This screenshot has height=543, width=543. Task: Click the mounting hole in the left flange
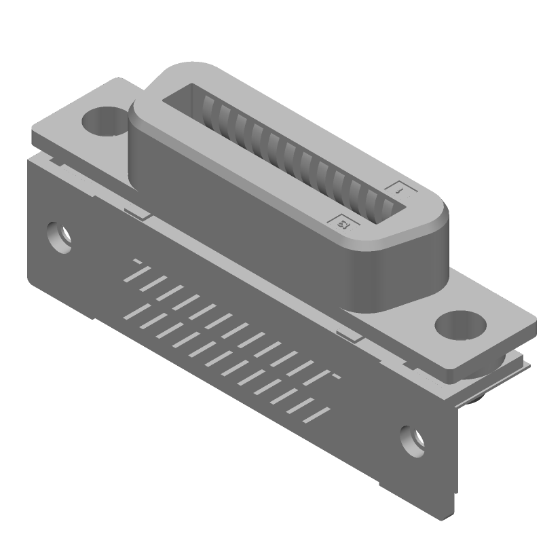[103, 123]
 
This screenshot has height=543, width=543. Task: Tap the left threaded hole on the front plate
[60, 238]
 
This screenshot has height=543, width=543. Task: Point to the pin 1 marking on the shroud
[398, 191]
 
